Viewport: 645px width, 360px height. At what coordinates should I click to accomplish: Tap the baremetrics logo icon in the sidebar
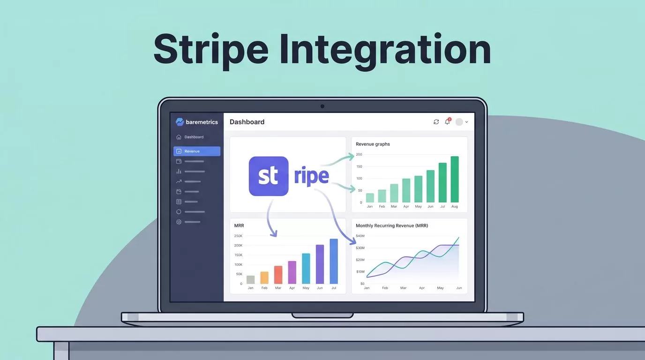click(180, 122)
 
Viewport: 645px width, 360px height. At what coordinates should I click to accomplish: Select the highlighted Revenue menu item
click(197, 151)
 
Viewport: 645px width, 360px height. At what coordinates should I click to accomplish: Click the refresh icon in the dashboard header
click(436, 122)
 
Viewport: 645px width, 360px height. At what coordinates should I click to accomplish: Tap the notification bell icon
click(447, 121)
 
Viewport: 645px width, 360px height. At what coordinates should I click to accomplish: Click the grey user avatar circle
click(459, 122)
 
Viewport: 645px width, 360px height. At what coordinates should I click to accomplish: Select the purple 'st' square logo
click(269, 176)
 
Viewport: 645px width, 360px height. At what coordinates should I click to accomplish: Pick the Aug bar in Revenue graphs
click(455, 179)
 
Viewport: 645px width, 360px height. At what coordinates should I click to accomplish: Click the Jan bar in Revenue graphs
click(370, 198)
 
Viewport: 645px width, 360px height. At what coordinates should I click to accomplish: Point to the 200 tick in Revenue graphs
click(359, 154)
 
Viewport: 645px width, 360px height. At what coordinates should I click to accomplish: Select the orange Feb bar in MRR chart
click(264, 277)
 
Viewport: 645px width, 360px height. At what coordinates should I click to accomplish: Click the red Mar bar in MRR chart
click(278, 275)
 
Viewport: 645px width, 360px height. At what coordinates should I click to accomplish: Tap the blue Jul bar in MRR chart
click(334, 261)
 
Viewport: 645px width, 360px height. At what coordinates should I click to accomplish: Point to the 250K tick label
click(239, 236)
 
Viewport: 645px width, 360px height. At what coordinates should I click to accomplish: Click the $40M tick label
click(360, 236)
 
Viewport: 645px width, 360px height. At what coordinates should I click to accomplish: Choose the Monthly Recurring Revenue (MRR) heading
click(392, 225)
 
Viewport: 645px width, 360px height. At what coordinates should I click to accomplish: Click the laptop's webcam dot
click(322, 106)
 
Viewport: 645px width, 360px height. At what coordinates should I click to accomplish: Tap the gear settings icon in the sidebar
click(179, 222)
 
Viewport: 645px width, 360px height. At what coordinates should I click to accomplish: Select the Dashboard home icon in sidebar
click(179, 137)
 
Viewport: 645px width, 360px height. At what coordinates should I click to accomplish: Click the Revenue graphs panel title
click(373, 144)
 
